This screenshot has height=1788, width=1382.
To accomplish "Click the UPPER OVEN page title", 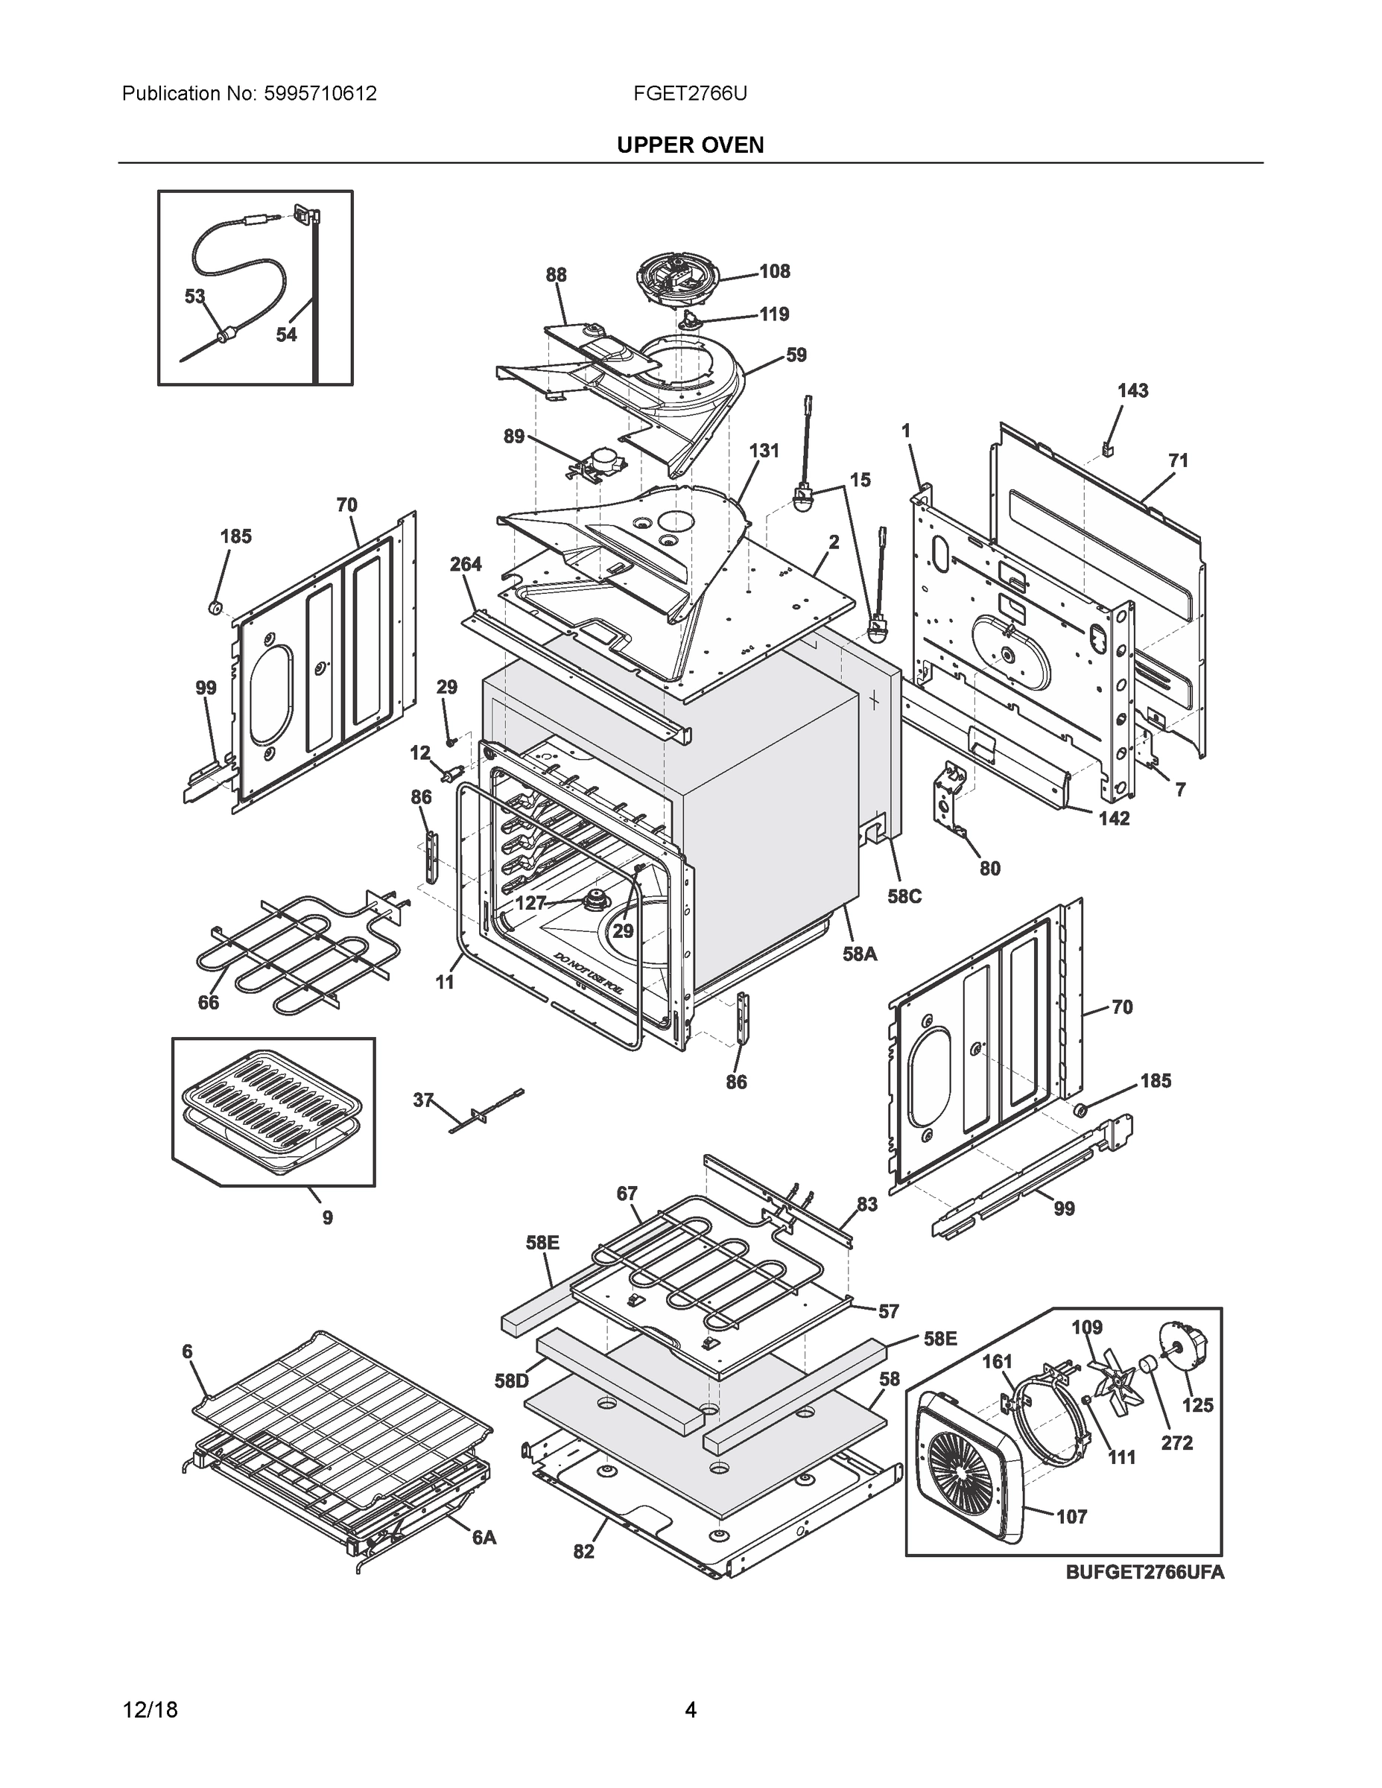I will [689, 145].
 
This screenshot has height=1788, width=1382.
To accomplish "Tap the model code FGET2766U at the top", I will [689, 93].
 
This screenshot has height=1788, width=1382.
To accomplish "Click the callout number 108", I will [775, 271].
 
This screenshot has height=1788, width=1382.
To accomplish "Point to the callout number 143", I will [1133, 390].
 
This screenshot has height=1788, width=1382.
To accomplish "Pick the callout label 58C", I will [904, 896].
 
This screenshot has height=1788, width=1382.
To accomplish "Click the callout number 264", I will [466, 564].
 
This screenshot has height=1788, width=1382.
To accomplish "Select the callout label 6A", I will [484, 1538].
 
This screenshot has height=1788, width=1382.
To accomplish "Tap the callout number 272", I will [1176, 1442].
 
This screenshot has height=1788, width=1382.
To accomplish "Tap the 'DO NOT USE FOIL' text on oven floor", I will [587, 974].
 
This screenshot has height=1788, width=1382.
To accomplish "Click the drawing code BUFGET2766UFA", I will [1144, 1572].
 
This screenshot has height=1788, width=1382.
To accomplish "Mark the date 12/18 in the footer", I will [150, 1710].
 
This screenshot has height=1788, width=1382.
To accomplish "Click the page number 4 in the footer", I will [690, 1710].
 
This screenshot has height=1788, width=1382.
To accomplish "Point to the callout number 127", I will [530, 903].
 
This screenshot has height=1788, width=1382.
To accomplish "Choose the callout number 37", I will [422, 1100].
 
